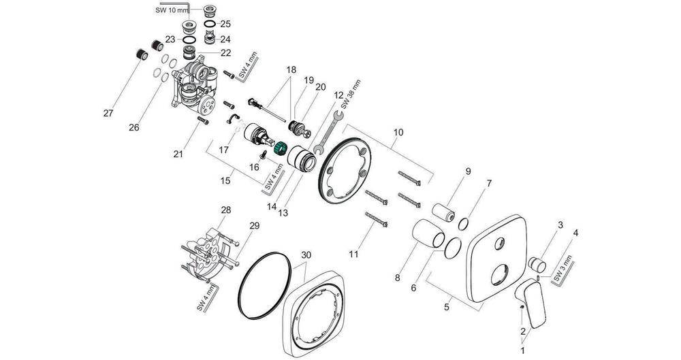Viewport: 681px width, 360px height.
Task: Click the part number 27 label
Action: tap(108, 112)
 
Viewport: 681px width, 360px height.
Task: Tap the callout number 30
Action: tap(306, 255)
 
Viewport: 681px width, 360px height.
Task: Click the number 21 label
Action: tap(178, 154)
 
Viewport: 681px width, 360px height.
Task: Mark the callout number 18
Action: tap(291, 69)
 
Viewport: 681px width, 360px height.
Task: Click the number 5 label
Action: tap(447, 307)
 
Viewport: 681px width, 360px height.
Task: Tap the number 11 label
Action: tap(353, 255)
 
